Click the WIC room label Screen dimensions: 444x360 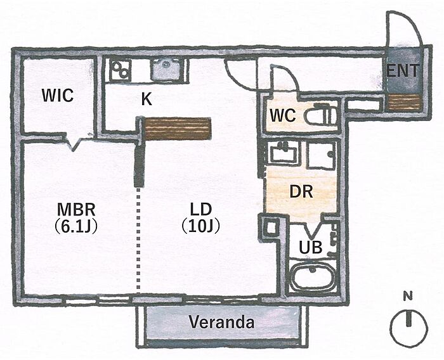(58, 95)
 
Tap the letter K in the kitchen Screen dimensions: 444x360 (147, 99)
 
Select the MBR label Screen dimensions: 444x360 (76, 210)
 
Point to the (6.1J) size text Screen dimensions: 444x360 (75, 226)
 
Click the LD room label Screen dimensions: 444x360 (201, 210)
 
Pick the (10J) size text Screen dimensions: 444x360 (201, 226)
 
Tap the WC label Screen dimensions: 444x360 (283, 115)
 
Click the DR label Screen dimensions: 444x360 (301, 192)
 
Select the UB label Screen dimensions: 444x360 (311, 247)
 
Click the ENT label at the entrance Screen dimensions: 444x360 (403, 70)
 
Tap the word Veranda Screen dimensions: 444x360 (221, 322)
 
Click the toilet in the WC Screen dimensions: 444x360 (322, 115)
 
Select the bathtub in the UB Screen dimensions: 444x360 (312, 276)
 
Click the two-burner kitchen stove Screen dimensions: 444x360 (121, 70)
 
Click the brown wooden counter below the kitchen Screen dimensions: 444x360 (178, 129)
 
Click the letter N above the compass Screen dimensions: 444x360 (408, 297)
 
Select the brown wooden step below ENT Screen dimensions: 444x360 (404, 102)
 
